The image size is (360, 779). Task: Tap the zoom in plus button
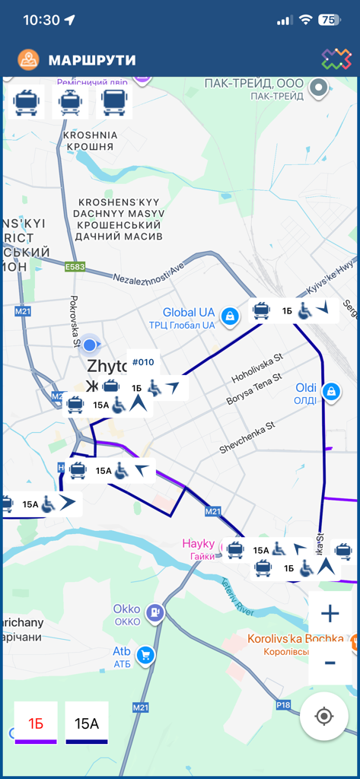pyautogui.click(x=330, y=614)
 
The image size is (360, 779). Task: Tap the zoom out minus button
pyautogui.click(x=330, y=663)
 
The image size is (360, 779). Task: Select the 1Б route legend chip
pyautogui.click(x=36, y=723)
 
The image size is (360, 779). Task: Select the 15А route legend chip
pyautogui.click(x=87, y=723)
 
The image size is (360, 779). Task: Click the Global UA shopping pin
pyautogui.click(x=228, y=315)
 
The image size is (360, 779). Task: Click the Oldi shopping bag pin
pyautogui.click(x=330, y=392)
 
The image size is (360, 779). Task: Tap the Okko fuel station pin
pyautogui.click(x=155, y=612)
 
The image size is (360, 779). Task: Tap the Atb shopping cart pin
pyautogui.click(x=145, y=654)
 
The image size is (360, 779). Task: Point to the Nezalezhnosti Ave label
pyautogui.click(x=149, y=272)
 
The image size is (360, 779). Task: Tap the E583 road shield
pyautogui.click(x=75, y=267)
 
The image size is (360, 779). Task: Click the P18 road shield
pyautogui.click(x=283, y=705)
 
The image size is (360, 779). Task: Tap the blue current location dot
pyautogui.click(x=89, y=345)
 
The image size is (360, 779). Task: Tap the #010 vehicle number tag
pyautogui.click(x=143, y=362)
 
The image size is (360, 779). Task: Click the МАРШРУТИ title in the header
pyautogui.click(x=92, y=59)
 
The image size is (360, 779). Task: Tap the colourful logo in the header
pyautogui.click(x=336, y=59)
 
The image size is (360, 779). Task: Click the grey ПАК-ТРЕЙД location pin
pyautogui.click(x=318, y=88)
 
